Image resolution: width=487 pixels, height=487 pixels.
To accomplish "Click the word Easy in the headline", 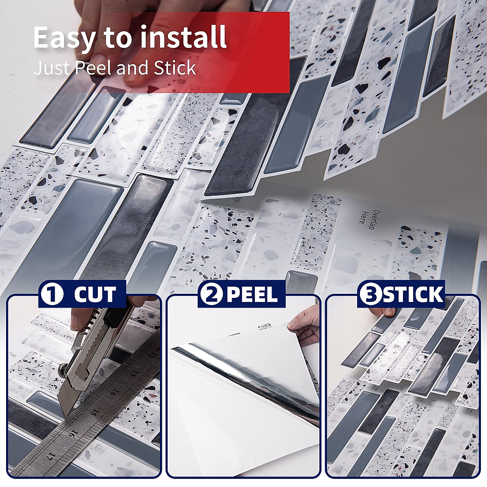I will (64, 38).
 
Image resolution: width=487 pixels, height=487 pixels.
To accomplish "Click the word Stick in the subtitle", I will (175, 68).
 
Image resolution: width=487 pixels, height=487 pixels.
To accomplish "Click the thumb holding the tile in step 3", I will (386, 312).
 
